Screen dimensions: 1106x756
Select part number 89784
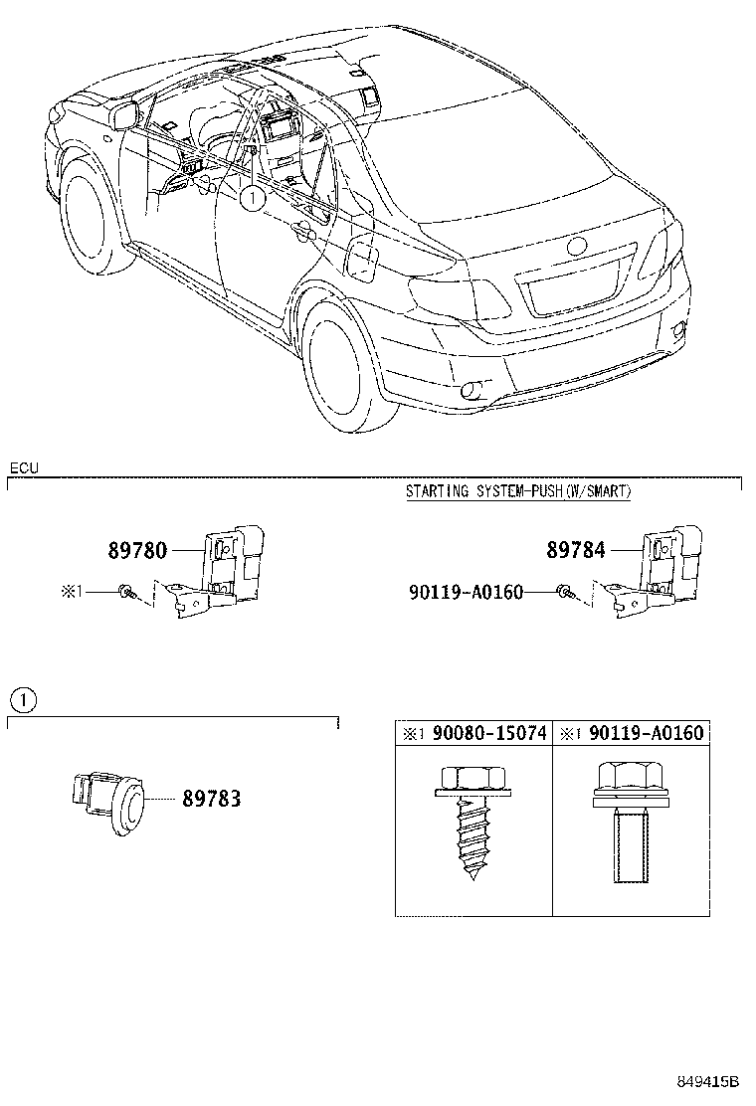click(576, 549)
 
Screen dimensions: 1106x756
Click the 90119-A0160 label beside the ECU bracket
click(465, 592)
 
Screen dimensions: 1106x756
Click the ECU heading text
click(24, 467)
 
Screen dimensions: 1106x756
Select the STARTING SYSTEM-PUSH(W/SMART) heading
click(518, 491)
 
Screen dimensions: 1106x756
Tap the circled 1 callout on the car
click(253, 198)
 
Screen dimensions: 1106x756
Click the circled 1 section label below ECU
click(23, 700)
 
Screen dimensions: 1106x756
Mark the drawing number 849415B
click(709, 1082)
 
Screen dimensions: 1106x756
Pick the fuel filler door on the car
click(360, 260)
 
